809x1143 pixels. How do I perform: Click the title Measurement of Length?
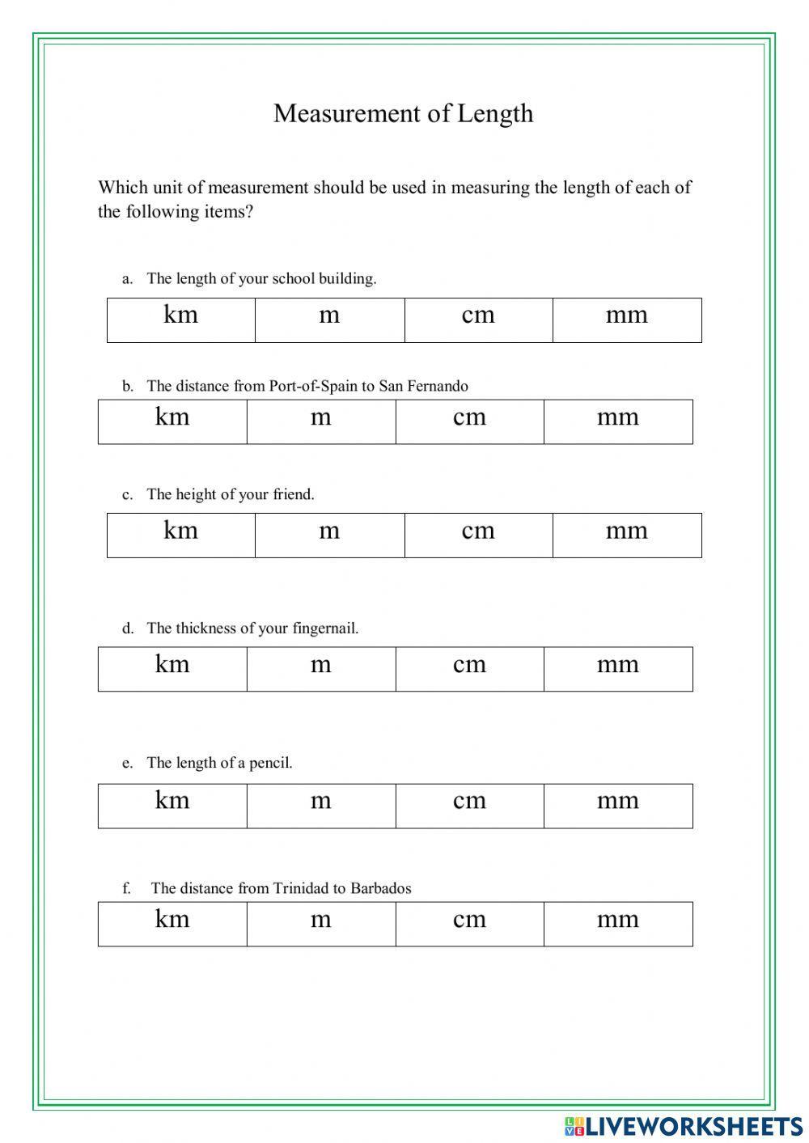point(403,113)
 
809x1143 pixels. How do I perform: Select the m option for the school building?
point(329,320)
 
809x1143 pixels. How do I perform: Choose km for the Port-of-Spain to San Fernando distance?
point(172,421)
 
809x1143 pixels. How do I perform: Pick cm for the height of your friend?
point(478,535)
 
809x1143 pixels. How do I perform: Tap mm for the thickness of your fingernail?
point(618,669)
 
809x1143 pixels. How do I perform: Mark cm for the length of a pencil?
point(469,806)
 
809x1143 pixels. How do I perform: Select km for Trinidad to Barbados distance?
point(172,924)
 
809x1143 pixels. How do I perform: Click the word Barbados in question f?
point(380,888)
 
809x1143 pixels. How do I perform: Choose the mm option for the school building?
point(627,320)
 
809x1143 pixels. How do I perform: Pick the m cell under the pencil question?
point(321,806)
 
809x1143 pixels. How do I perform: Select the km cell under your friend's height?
point(180,535)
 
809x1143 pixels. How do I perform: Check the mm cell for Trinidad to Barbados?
point(618,924)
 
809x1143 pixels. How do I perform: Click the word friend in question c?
point(293,494)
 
